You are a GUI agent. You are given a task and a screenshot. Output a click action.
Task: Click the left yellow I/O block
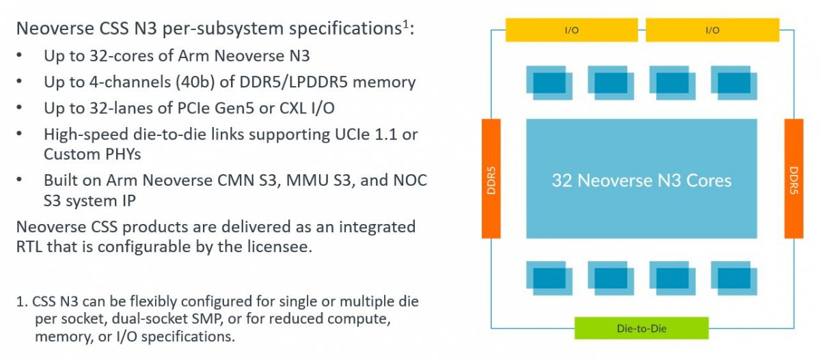(571, 30)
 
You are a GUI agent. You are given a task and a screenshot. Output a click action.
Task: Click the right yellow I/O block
(712, 30)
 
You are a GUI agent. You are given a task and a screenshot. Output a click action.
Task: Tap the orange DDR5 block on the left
(491, 178)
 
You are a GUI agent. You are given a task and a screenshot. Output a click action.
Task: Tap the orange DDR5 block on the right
(793, 178)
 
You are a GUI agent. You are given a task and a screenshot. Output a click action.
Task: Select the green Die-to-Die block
(642, 328)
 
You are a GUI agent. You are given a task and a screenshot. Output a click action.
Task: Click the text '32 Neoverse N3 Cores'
(642, 180)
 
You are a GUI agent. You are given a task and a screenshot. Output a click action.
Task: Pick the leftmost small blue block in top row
(549, 83)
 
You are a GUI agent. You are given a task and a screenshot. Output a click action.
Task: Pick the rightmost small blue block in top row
(734, 83)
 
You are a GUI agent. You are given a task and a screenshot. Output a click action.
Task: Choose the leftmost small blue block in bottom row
(549, 278)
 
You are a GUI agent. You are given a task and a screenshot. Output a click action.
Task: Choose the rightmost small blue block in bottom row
(734, 278)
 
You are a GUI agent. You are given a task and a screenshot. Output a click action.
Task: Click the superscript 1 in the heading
(406, 24)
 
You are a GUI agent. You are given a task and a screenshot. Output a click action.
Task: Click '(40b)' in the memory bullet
(195, 83)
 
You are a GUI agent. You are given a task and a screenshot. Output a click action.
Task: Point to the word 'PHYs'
(123, 154)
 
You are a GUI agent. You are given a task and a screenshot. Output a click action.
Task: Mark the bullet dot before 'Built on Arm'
(19, 180)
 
